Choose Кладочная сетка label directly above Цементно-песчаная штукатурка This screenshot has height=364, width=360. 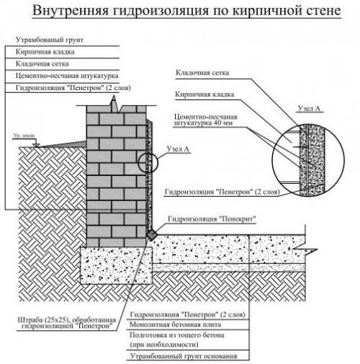[42, 64]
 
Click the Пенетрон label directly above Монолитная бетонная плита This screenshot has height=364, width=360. [174, 315]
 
